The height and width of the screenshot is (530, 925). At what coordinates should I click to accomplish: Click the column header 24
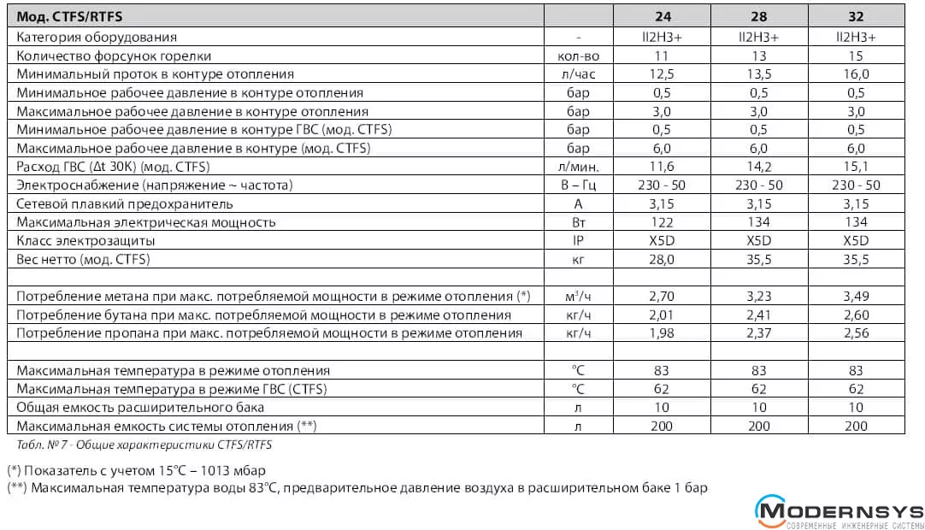click(x=662, y=17)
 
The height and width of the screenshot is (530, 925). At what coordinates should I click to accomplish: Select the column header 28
click(x=758, y=17)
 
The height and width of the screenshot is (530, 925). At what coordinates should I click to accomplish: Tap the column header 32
click(x=855, y=17)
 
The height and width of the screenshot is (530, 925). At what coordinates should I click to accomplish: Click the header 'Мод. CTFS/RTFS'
click(x=68, y=17)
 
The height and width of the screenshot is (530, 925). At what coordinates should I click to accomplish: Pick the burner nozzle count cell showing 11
click(x=662, y=56)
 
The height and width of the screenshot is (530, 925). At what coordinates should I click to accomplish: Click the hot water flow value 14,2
click(x=758, y=167)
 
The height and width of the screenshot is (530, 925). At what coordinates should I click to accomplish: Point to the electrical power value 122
click(x=662, y=222)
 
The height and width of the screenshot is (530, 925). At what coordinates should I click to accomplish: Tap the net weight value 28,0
click(x=662, y=259)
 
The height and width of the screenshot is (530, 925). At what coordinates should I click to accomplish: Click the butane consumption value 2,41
click(x=758, y=315)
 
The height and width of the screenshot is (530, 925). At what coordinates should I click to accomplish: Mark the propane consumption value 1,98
click(x=662, y=333)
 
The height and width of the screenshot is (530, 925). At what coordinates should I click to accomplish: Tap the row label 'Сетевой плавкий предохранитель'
click(x=125, y=203)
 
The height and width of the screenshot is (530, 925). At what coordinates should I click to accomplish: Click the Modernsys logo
click(x=838, y=513)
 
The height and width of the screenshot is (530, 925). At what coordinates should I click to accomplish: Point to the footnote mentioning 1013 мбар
click(x=137, y=470)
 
